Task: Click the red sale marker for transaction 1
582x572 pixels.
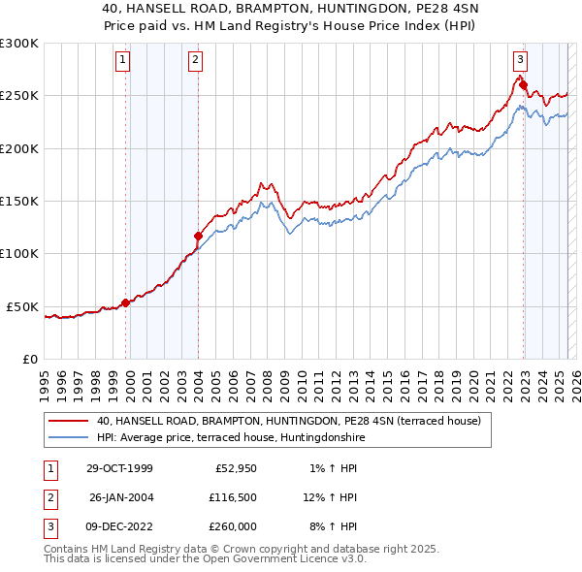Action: [x=126, y=302]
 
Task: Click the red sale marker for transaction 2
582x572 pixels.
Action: [x=198, y=236]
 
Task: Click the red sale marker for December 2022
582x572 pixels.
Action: [x=523, y=85]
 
